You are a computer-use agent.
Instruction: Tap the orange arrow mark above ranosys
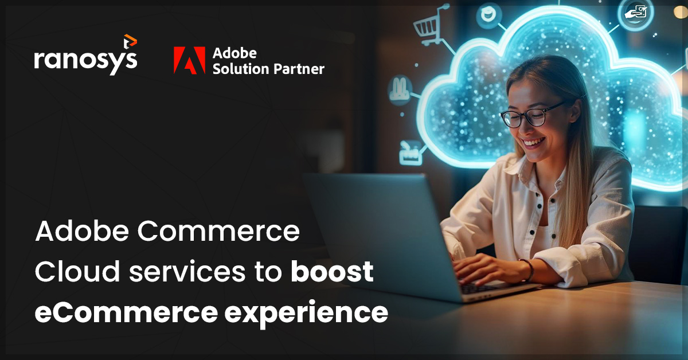click(x=130, y=41)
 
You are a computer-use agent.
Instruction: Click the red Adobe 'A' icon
click(x=189, y=60)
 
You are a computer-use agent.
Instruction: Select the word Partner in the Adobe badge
click(x=298, y=69)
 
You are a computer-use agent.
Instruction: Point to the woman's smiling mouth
click(x=533, y=142)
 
